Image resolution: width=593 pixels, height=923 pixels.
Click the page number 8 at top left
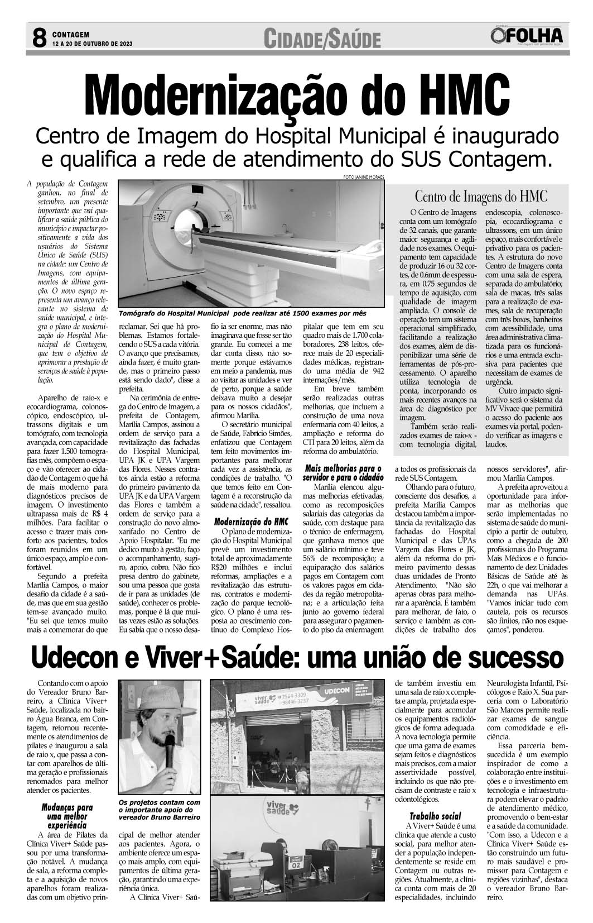point(38,38)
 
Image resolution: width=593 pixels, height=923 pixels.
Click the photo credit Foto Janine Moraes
point(364,177)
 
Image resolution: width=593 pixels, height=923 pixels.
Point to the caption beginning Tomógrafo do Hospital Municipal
point(242,313)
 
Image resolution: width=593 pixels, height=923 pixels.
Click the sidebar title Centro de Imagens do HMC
point(480,197)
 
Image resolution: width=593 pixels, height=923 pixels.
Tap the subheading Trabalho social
point(435,816)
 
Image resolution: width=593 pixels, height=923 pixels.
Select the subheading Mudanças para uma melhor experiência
point(67,816)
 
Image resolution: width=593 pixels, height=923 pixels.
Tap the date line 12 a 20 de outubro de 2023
point(92,43)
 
